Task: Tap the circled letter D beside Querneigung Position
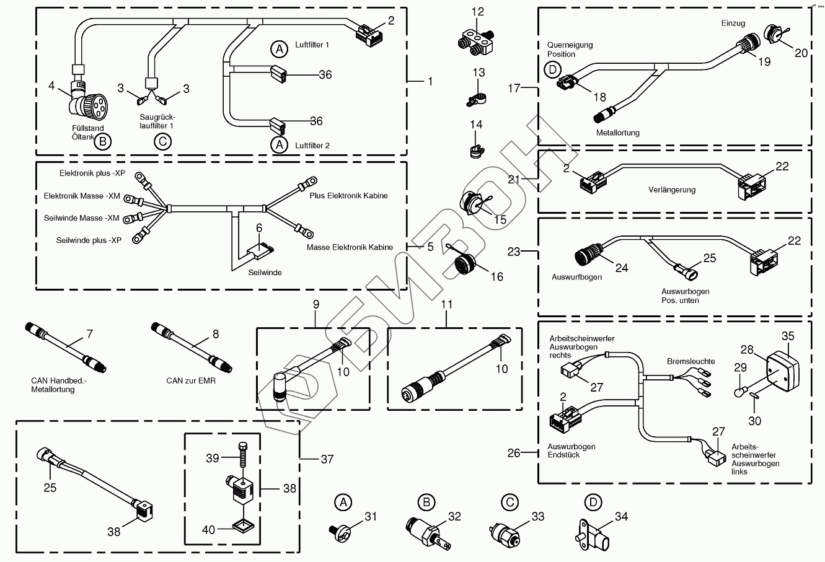(552, 69)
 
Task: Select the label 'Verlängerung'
(672, 190)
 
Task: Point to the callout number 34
(622, 516)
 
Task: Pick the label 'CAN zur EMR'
(191, 380)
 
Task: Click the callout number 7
(89, 335)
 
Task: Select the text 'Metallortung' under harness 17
(617, 133)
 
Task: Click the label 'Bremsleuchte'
(690, 361)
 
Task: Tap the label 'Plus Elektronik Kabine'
(348, 196)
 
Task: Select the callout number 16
(497, 277)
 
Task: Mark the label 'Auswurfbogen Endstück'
(571, 450)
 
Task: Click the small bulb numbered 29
(741, 392)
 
